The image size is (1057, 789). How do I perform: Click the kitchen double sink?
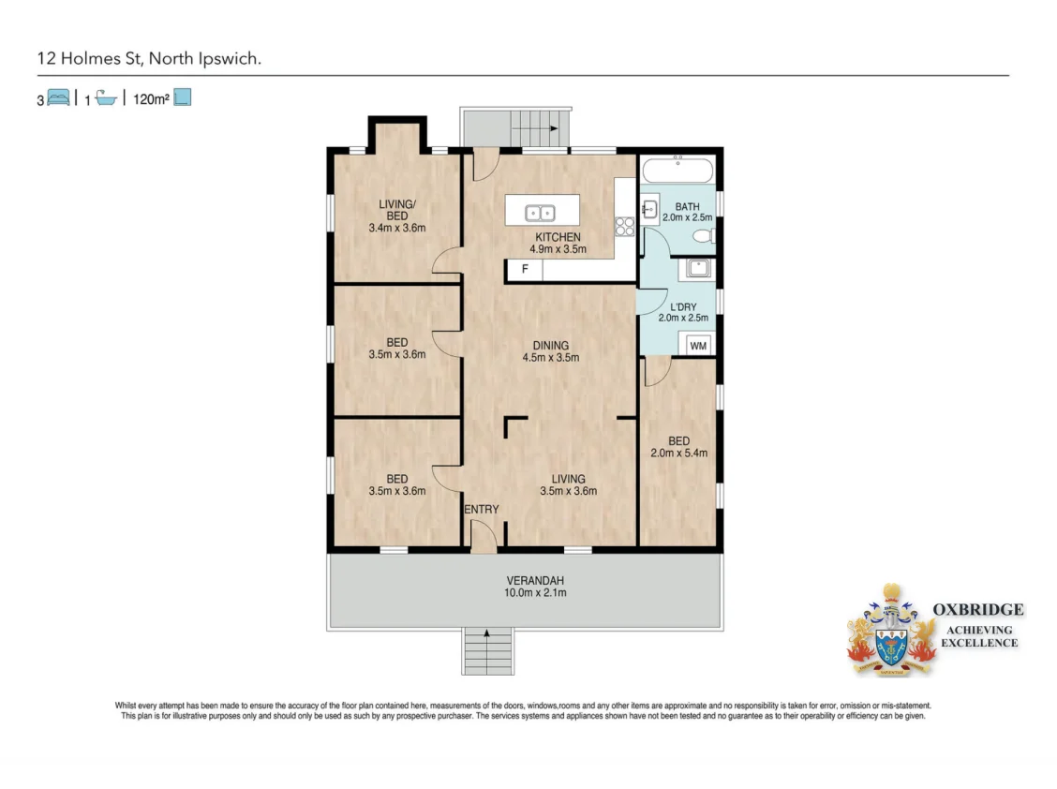point(540,212)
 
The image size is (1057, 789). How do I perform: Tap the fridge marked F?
point(524,271)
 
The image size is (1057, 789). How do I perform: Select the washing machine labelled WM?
point(698,346)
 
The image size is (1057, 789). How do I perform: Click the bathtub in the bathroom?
point(679,171)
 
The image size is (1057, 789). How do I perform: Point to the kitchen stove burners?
point(625,225)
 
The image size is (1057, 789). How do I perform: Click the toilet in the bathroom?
point(706,235)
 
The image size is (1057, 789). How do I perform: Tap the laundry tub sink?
point(696,269)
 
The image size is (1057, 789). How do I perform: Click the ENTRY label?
point(482,510)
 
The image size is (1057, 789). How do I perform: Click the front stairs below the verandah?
point(488,651)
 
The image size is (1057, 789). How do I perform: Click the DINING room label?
point(550,351)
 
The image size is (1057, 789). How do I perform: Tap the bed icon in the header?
point(59,97)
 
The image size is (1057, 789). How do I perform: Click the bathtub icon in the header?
point(105,97)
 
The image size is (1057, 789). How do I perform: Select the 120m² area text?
point(150,97)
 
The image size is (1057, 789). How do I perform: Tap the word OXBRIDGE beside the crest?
point(977,610)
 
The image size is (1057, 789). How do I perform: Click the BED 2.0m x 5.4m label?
point(678,447)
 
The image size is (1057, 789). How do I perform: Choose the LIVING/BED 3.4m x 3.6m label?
point(396,215)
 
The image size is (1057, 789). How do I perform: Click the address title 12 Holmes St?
point(149,58)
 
